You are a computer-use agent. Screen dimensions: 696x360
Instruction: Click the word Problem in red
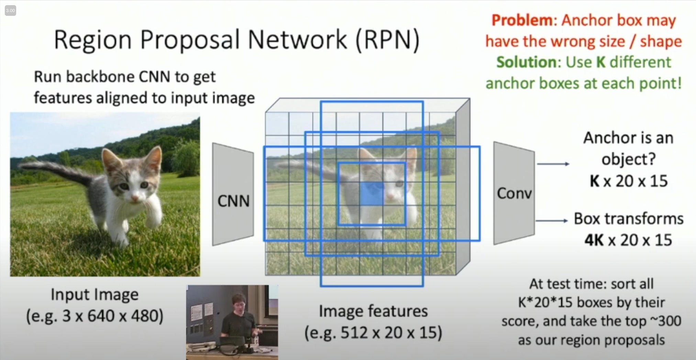[522, 20]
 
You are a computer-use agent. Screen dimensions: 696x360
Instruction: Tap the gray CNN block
[233, 194]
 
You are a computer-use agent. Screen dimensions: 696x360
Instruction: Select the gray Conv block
[514, 193]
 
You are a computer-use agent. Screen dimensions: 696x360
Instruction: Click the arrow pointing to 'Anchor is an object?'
[553, 164]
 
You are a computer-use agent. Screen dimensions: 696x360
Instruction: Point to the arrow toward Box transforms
[552, 221]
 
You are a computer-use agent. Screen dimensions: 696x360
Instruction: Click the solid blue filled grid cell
[372, 194]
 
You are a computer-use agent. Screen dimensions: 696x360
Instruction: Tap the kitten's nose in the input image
[135, 198]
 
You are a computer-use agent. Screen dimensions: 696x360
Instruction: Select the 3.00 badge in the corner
[10, 11]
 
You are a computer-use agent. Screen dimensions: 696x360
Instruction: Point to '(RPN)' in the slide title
[388, 40]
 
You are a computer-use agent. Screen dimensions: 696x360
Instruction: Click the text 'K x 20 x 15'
[629, 181]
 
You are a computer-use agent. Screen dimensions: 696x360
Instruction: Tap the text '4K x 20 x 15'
[628, 240]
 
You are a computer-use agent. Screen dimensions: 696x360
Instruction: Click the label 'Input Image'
[95, 295]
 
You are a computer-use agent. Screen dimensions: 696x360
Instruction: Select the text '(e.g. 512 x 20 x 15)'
[373, 332]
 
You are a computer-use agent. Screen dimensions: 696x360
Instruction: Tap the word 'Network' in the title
[297, 40]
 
